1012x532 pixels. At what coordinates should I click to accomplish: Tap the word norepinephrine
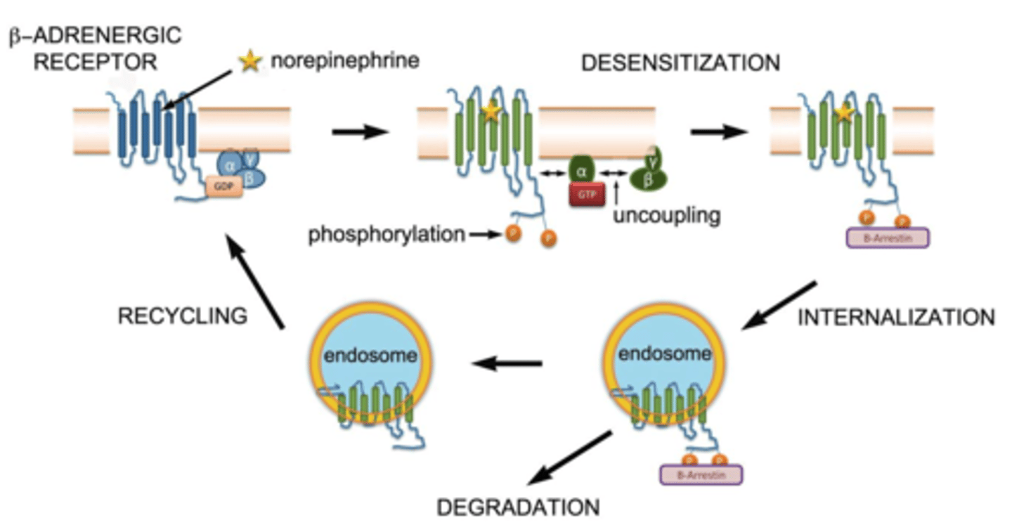(x=345, y=61)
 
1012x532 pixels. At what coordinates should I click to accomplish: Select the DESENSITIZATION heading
(x=680, y=63)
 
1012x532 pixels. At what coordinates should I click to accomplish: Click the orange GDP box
(x=224, y=186)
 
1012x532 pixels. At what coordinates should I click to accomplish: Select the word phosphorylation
(x=386, y=235)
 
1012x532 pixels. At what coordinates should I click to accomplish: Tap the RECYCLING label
(x=182, y=316)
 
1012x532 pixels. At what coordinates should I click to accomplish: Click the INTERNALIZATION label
(x=896, y=317)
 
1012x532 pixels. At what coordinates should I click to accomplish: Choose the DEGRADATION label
(x=518, y=507)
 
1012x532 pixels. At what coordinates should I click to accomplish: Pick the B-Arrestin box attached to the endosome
(x=701, y=475)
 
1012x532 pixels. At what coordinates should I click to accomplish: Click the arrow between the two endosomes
(x=507, y=363)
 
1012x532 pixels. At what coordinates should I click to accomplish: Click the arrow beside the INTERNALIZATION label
(x=779, y=305)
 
